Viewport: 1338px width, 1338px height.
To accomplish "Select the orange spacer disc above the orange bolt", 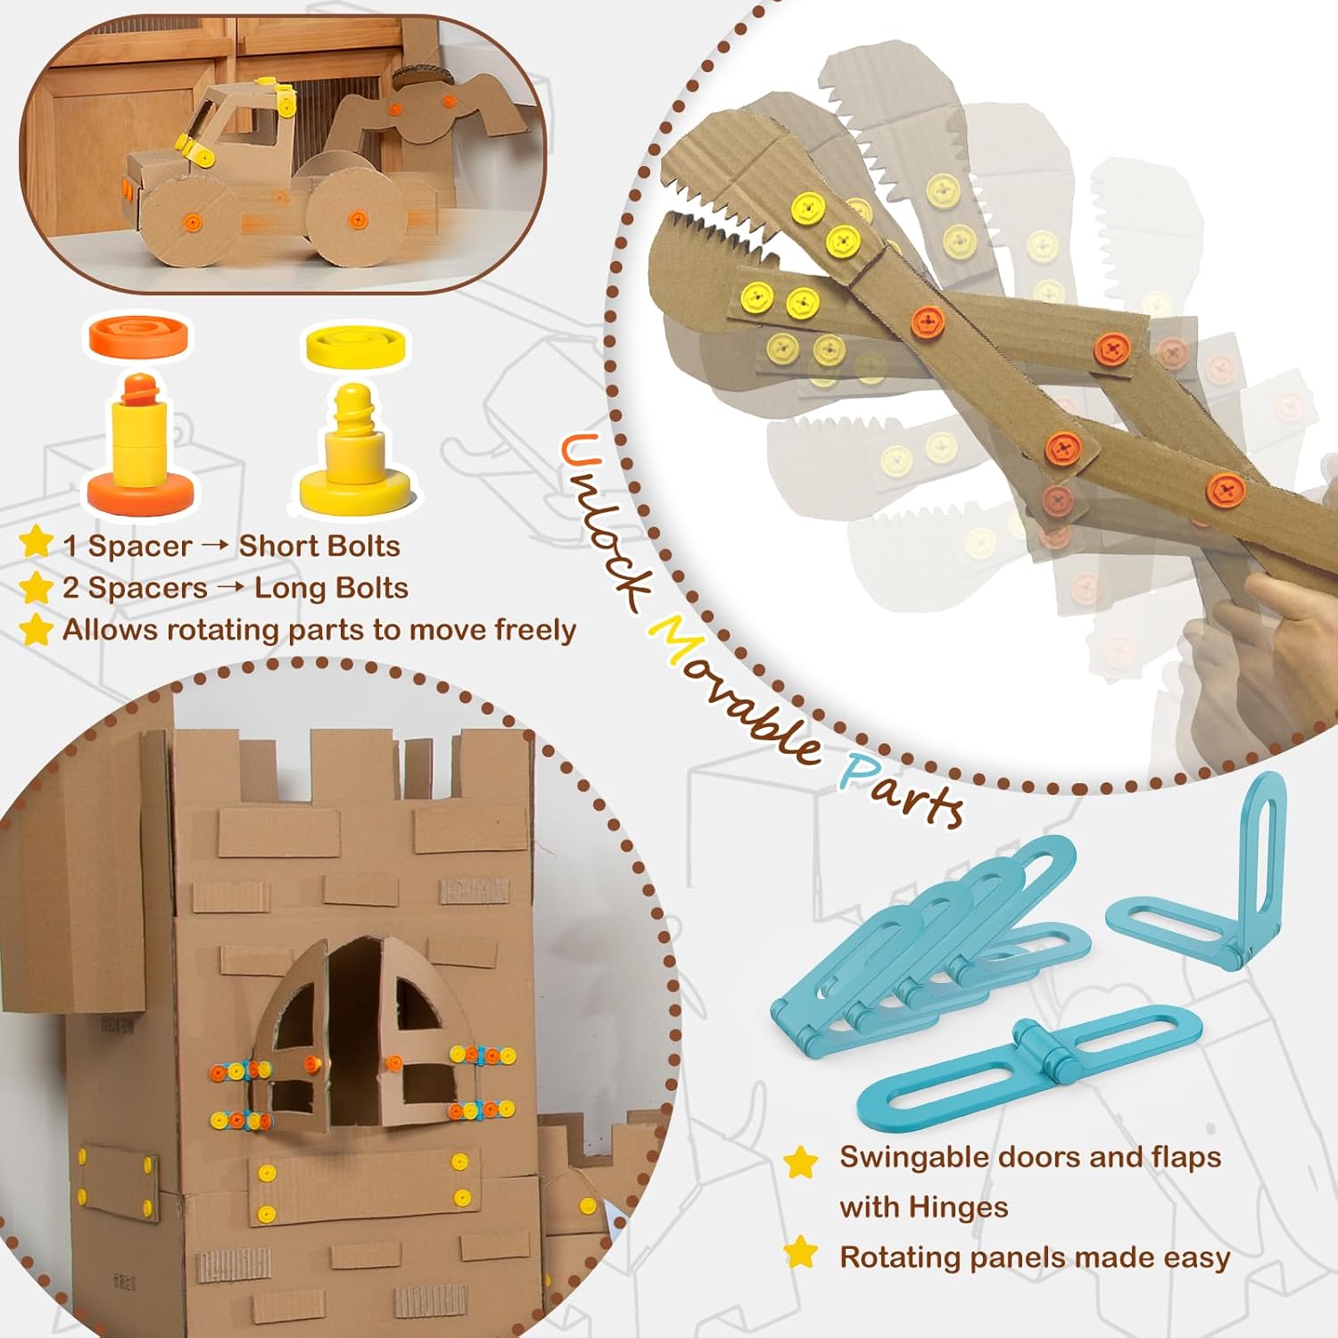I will pos(139,336).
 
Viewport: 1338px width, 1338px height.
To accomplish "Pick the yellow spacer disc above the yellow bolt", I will pos(357,346).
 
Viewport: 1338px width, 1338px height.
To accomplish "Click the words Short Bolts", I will pos(319,546).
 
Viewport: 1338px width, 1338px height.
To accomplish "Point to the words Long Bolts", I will pos(331,588).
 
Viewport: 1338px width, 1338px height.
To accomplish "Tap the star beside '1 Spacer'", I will pos(37,542).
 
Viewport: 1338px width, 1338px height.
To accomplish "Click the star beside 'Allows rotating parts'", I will pos(37,629).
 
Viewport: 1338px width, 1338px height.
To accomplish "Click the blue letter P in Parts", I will pos(862,769).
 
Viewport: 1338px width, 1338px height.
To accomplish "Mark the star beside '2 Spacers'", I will pos(37,587).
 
